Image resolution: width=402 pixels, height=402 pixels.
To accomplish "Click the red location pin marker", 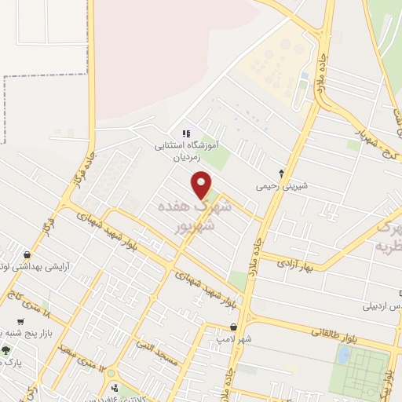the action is point(202,185).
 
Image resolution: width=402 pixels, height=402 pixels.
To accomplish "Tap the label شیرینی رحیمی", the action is point(280,188).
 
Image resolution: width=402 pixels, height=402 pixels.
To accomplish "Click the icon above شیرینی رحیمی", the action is point(282,173).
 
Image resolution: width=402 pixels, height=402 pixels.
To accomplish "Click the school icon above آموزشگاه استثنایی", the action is point(186,133).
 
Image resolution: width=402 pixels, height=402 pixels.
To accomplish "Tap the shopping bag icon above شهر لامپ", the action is point(233,327).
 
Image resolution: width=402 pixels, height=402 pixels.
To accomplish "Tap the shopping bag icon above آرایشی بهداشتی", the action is point(28,255).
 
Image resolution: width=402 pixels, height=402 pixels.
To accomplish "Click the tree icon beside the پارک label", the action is point(6,350).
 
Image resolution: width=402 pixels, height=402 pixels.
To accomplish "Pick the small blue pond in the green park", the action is point(343,355).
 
